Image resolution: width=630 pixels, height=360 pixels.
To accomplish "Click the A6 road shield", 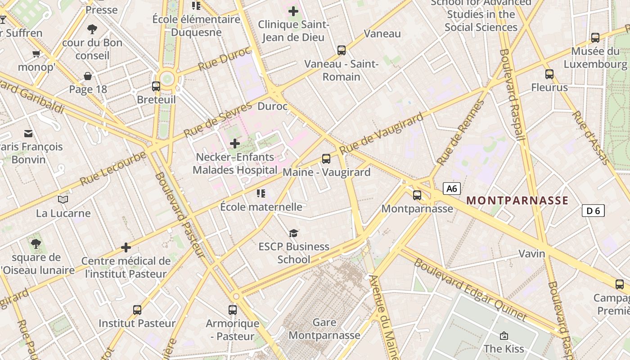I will tap(451, 189).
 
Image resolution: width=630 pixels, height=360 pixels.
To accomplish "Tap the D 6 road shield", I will tap(593, 211).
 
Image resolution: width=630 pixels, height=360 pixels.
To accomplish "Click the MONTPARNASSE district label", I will tap(517, 201).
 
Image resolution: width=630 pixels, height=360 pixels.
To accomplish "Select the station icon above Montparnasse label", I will tap(417, 195).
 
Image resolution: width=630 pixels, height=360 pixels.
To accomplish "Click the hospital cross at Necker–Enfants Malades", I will tap(234, 144).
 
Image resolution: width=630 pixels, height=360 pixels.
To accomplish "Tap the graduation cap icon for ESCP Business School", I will tap(294, 233).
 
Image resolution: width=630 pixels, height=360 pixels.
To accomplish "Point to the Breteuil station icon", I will tap(156, 86).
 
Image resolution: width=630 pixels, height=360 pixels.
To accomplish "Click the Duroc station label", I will tap(272, 107).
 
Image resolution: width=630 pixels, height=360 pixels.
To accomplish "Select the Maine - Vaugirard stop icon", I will tap(326, 159).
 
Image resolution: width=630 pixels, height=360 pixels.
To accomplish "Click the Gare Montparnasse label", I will tap(324, 329).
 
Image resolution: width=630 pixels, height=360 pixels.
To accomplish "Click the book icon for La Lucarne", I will tap(63, 199).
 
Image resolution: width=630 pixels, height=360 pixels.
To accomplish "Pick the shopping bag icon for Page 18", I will tap(88, 76).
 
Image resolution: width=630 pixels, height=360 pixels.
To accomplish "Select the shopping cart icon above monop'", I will tap(36, 54).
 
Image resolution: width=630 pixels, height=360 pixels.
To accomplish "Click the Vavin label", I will tap(531, 254).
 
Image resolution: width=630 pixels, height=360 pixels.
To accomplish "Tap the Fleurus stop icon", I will tap(549, 74).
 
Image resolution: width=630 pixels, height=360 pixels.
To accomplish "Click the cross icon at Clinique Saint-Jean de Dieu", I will tap(293, 11).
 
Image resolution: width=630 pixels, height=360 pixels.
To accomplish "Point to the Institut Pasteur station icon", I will tap(137, 310).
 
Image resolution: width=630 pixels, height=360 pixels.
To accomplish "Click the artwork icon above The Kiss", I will tap(504, 336).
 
